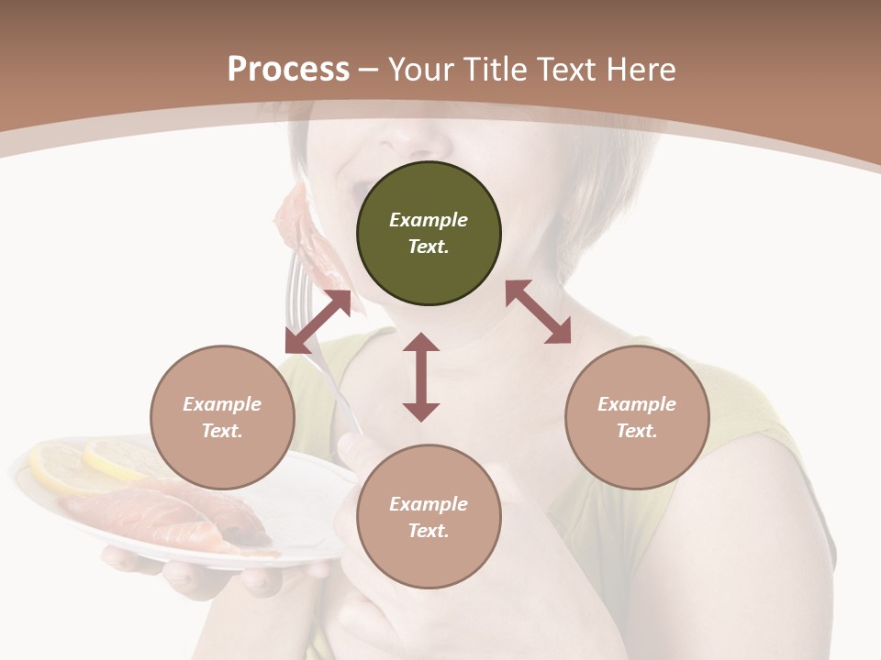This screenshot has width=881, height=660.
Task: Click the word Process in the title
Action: [288, 70]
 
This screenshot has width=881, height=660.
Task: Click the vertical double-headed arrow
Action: [421, 377]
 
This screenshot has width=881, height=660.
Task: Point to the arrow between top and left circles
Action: [318, 322]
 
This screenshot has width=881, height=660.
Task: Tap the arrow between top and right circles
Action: [538, 312]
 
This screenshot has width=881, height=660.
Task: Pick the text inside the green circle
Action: [429, 233]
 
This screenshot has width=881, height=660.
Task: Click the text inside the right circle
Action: [637, 417]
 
